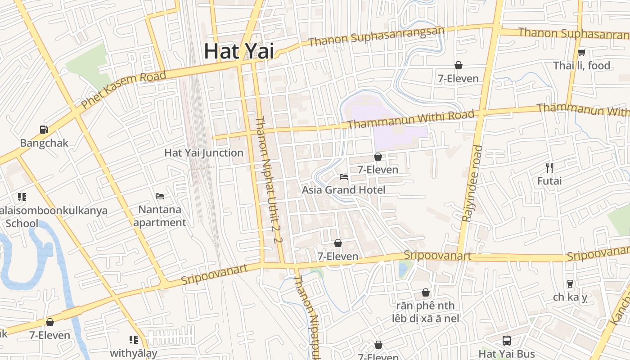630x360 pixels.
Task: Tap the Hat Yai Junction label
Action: point(204,153)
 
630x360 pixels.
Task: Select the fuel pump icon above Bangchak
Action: point(44,130)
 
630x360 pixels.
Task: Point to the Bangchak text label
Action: point(44,143)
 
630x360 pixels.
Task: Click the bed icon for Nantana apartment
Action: point(160,196)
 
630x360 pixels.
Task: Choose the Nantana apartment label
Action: point(160,216)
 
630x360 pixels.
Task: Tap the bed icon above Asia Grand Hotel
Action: point(344,177)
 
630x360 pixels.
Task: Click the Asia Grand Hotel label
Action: point(343,190)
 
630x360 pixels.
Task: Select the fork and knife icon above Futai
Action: point(549,168)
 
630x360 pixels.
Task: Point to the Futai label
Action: point(549,181)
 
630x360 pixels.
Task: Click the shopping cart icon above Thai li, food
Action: point(581,52)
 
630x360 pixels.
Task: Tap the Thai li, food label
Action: point(581,66)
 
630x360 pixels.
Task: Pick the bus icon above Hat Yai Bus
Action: point(506,341)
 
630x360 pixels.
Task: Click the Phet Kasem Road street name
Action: point(123,90)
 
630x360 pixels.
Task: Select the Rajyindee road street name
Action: point(472,183)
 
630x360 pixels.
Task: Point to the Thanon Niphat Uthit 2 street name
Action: point(268,180)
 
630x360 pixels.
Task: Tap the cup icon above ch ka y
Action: point(570,284)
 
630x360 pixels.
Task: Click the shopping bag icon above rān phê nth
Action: point(426,293)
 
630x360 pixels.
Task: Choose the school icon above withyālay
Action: point(134,340)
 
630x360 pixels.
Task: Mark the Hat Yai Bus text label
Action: point(506,354)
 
